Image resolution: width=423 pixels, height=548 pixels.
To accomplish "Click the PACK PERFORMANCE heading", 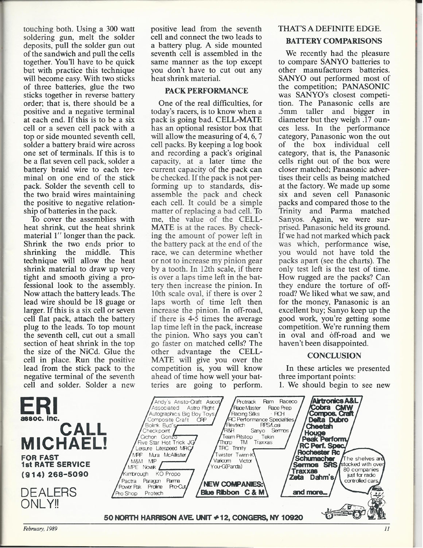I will pyautogui.click(x=206, y=90).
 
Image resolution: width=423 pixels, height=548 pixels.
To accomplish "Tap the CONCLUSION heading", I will pyautogui.click(x=334, y=355).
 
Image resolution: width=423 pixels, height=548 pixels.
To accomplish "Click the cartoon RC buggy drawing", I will pyautogui.click(x=345, y=511).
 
